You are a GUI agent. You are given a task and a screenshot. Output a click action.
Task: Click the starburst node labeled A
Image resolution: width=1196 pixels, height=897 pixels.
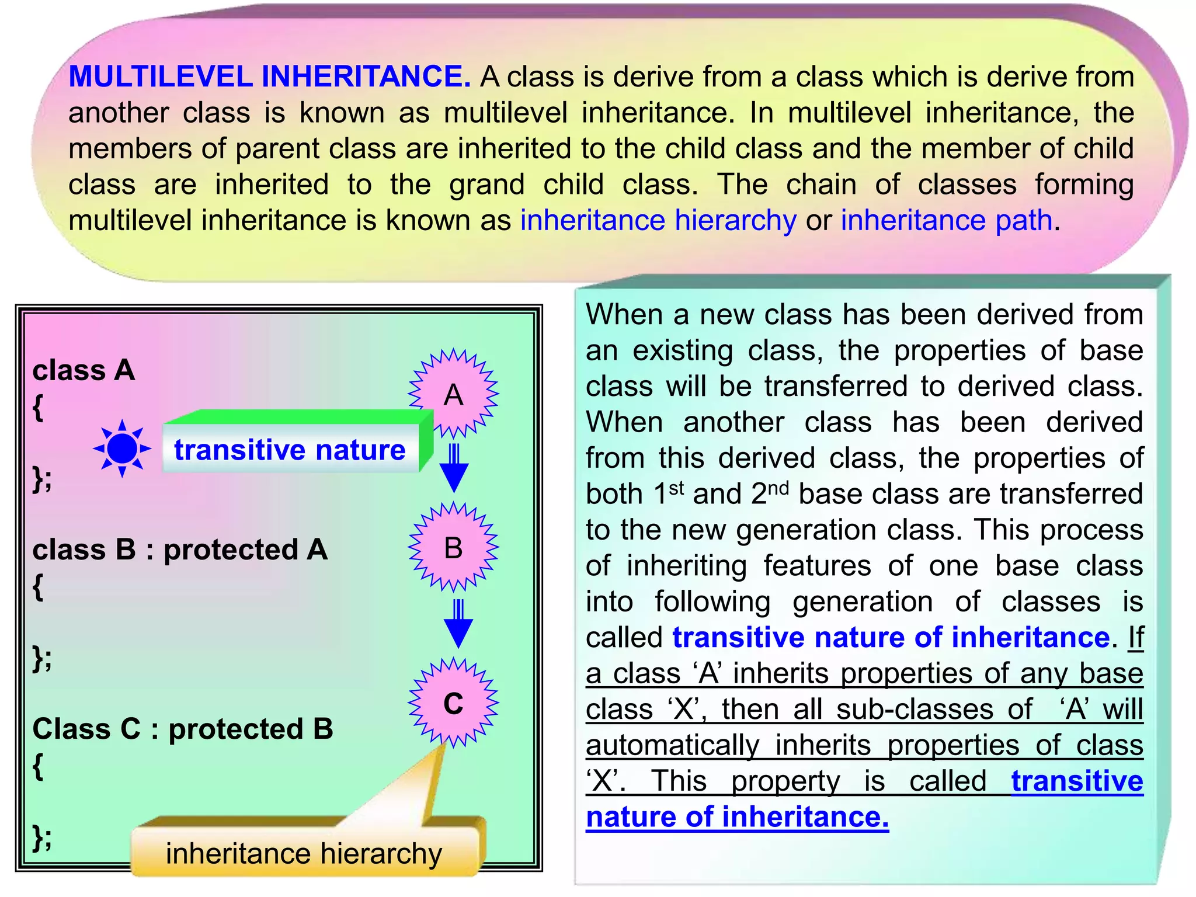[453, 394]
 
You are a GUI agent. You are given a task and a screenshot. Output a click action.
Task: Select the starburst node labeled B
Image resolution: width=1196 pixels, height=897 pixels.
[453, 547]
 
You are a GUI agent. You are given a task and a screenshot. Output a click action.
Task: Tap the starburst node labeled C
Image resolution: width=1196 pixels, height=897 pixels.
[453, 703]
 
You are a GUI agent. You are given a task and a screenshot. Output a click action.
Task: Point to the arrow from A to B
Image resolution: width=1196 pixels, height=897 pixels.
[454, 467]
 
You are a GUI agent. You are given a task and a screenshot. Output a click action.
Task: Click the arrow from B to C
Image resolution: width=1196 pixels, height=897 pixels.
[458, 623]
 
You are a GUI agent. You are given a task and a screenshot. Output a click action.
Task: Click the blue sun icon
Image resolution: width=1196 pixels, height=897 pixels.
[121, 448]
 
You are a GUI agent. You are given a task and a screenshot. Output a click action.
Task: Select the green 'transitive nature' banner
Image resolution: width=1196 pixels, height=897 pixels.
[290, 450]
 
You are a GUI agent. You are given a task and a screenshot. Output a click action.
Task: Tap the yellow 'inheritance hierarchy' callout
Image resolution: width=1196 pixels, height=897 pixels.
[304, 853]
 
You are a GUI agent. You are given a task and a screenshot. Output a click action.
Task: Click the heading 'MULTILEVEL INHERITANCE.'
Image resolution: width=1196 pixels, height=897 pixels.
[269, 77]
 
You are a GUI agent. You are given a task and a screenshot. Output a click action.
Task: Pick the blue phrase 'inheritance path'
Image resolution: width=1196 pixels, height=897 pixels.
[946, 220]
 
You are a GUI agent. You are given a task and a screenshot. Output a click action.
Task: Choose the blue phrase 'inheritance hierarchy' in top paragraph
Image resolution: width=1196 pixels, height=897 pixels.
[658, 220]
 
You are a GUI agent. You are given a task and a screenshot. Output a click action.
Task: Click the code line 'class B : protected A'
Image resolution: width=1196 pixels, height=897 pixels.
[180, 549]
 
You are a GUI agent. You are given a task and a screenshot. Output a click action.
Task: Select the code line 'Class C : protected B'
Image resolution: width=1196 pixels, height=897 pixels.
[182, 728]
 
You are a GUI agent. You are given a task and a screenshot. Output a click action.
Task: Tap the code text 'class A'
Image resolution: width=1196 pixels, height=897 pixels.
[84, 370]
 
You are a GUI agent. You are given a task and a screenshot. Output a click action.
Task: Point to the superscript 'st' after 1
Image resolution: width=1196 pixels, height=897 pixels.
[676, 488]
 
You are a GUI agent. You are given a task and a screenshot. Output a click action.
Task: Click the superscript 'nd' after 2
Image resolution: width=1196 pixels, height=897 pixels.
[778, 488]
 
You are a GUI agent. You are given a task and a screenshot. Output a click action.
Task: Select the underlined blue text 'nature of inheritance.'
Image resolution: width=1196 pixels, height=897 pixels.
[737, 816]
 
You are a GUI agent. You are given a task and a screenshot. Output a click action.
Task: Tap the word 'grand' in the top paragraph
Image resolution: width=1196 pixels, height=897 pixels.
[486, 185]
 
